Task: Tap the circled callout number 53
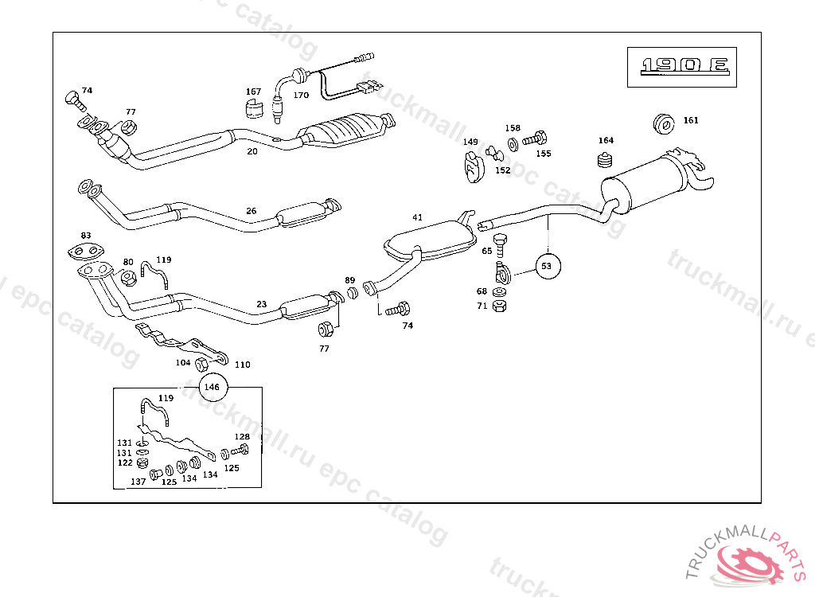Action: coord(546,266)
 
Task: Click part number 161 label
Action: coord(691,120)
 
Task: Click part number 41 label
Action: coord(417,217)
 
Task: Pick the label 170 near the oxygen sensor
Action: coord(301,96)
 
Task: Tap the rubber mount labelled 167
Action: coord(253,108)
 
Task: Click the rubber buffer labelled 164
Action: coord(605,161)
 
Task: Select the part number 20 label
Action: coord(252,151)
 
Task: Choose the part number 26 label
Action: coord(252,211)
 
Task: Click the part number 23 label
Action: coord(262,304)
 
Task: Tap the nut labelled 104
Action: coord(201,365)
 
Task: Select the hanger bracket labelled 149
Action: coord(473,166)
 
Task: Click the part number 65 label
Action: coord(486,251)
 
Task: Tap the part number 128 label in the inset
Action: coord(242,436)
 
